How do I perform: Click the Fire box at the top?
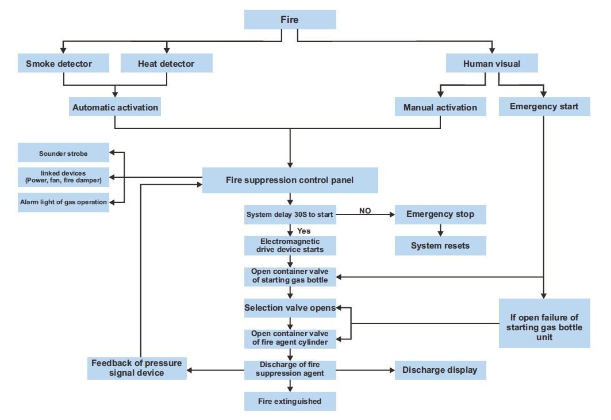tap(290, 20)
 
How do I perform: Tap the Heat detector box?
tap(166, 63)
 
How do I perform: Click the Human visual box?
tap(491, 63)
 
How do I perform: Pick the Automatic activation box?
tap(115, 107)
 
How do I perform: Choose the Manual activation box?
tap(440, 107)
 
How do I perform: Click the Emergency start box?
tap(544, 107)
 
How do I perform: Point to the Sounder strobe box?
tap(63, 153)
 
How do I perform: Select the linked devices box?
tap(63, 177)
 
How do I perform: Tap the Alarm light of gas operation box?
tap(63, 202)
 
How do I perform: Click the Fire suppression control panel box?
tap(290, 180)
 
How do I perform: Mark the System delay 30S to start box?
tap(290, 215)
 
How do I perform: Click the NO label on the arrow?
tap(365, 211)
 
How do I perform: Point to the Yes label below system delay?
tap(304, 231)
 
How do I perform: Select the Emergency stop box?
tap(440, 214)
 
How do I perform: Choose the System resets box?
tap(440, 246)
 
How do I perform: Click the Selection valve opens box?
tap(290, 308)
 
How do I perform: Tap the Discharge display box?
tap(440, 370)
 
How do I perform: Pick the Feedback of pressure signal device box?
tap(137, 368)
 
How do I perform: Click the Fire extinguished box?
tap(290, 401)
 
